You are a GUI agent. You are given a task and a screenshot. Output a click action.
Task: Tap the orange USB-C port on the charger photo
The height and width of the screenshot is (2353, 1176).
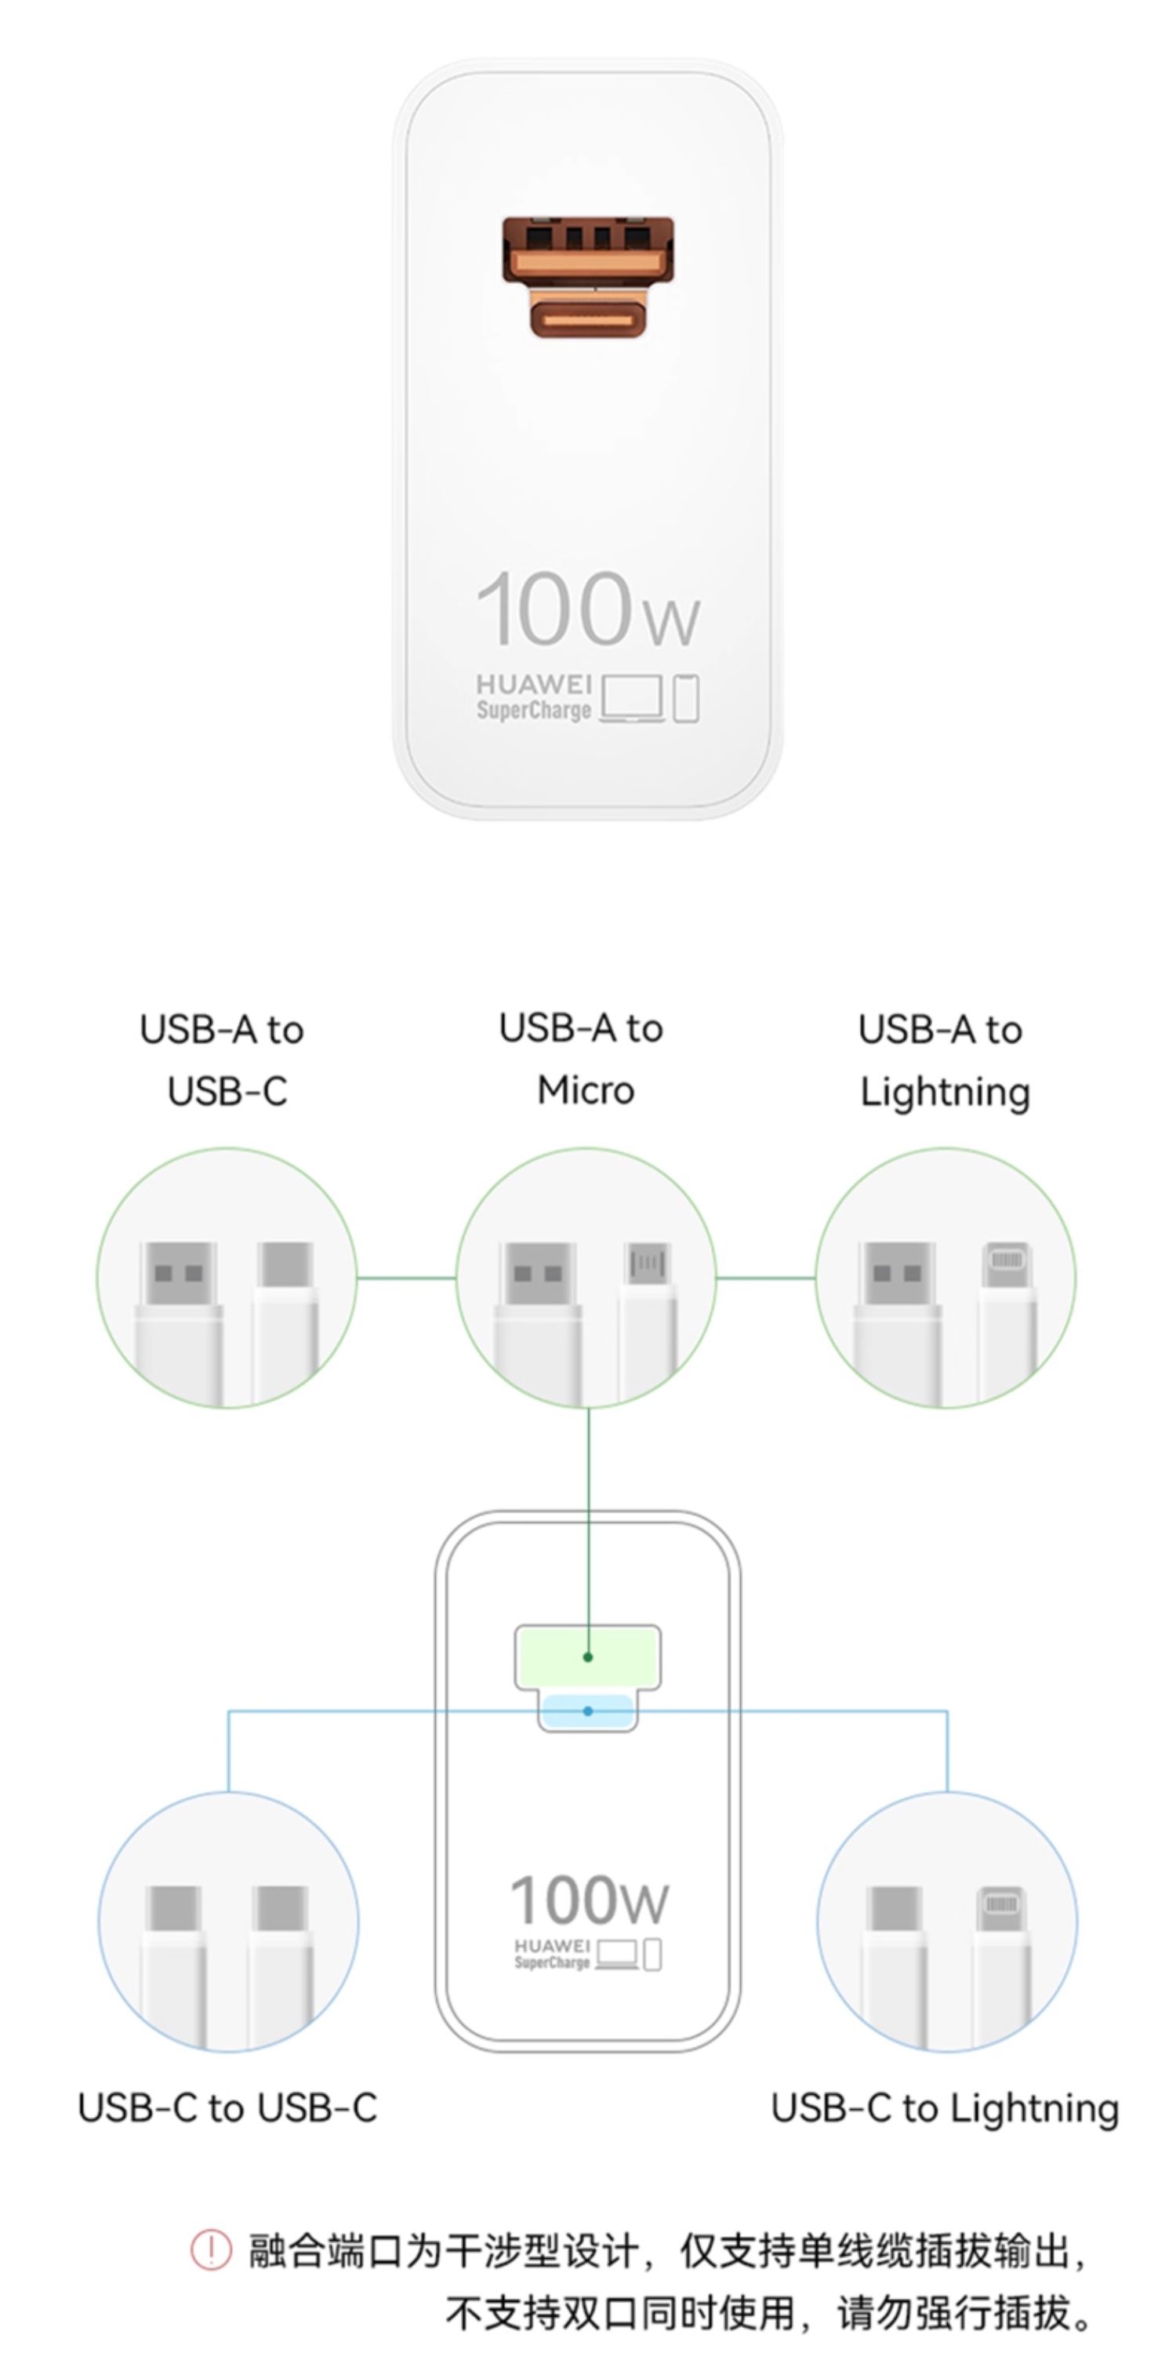coord(588,315)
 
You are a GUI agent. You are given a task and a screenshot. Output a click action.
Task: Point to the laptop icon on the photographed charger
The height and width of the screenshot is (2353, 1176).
coord(632,700)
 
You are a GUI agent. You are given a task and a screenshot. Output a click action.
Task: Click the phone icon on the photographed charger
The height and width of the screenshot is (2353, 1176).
coord(687,699)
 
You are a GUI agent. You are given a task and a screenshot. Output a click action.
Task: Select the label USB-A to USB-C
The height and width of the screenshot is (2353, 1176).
coord(223,1060)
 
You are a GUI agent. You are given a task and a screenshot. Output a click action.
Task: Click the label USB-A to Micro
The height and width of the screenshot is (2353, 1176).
coord(583,1059)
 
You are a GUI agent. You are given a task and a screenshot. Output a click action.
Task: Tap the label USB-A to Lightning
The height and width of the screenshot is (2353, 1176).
coord(942,1060)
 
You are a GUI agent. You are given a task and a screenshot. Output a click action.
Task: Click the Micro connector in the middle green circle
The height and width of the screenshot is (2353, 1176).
coord(648,1264)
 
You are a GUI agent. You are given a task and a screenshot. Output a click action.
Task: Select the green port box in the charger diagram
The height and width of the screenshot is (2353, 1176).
coord(588,1656)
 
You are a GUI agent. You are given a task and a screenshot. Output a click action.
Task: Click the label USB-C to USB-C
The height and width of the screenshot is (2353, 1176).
coord(227,2108)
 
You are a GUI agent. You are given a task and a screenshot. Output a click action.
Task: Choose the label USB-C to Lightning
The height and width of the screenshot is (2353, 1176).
coord(944,2108)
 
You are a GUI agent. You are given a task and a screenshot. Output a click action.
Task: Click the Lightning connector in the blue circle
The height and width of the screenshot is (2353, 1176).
coord(1003,1907)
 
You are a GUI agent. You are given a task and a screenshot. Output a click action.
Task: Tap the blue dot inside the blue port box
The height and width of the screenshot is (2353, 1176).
coord(588,1711)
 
